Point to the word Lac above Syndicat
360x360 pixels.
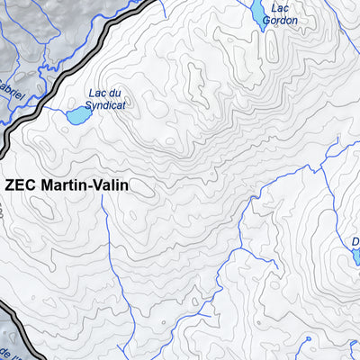point(97,93)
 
